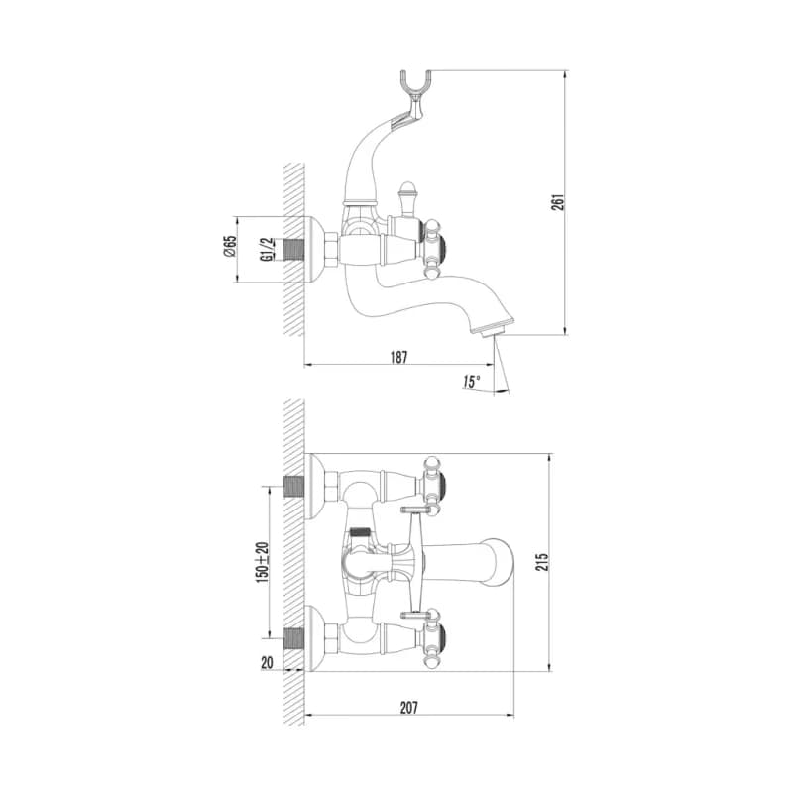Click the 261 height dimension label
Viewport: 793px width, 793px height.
pyautogui.click(x=557, y=202)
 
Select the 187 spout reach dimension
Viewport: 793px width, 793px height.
pyautogui.click(x=398, y=357)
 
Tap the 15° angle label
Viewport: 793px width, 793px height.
pyautogui.click(x=471, y=382)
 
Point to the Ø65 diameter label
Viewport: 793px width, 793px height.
pyautogui.click(x=230, y=246)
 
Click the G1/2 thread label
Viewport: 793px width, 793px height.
pyautogui.click(x=267, y=250)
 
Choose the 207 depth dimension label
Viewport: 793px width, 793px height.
pyautogui.click(x=409, y=707)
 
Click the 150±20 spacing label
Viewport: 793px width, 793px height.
pyautogui.click(x=262, y=562)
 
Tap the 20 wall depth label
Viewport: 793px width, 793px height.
pyautogui.click(x=267, y=662)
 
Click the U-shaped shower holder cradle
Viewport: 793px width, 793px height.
pyautogui.click(x=415, y=89)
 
